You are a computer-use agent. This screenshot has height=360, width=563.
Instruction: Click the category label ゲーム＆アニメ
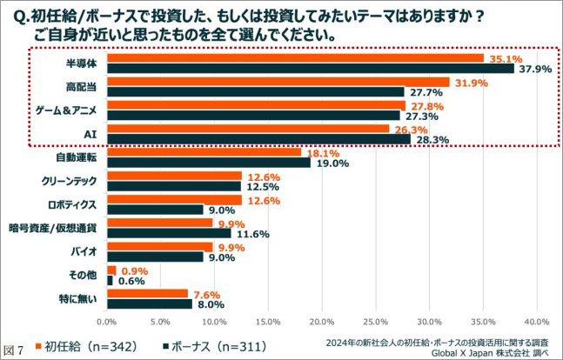(x=72, y=110)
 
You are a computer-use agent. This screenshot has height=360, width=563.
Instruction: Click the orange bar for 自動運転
(x=204, y=152)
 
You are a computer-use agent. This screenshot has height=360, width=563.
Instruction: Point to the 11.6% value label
(x=251, y=233)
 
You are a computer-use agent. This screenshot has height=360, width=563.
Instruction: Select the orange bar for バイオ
(x=159, y=246)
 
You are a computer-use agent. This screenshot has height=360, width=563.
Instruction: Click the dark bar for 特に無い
(x=149, y=303)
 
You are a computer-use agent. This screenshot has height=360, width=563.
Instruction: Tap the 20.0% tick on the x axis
(x=321, y=320)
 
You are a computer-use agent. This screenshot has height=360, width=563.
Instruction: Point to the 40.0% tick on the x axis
(x=537, y=320)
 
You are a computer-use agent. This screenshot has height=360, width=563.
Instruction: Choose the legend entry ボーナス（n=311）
(x=218, y=346)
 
